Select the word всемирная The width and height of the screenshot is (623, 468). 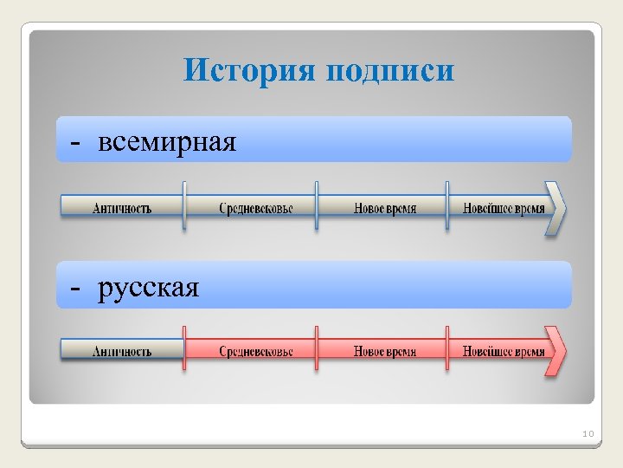tap(167, 140)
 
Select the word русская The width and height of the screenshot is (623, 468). tap(149, 287)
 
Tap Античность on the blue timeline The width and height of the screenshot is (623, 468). tap(122, 208)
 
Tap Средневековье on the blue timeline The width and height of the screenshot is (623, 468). tap(255, 208)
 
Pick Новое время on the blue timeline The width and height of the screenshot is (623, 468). tap(385, 208)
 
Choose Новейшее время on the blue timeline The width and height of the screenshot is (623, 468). tap(504, 208)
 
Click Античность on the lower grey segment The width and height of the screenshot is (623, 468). tap(122, 351)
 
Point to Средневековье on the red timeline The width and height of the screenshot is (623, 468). tap(255, 351)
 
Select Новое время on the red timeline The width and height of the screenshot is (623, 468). tap(385, 351)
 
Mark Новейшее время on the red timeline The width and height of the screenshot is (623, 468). tap(504, 351)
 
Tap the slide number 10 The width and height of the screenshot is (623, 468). tap(588, 432)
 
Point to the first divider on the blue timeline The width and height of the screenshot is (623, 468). tap(184, 206)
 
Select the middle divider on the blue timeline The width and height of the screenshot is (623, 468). tap(316, 206)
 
